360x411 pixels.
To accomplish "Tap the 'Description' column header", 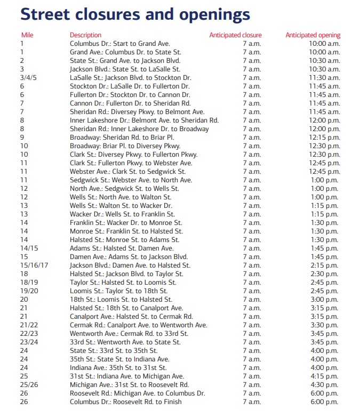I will pos(85,35).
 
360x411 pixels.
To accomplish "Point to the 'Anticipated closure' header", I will pos(235,35).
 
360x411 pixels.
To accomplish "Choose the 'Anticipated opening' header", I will pos(313,35).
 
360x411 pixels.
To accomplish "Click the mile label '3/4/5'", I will pos(30,78).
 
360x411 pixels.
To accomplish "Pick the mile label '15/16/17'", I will pos(34,265).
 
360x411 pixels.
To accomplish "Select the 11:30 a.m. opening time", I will pos(324,78).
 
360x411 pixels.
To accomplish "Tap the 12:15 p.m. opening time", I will pos(324,138).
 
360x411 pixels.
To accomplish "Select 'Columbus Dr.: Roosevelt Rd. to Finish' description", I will pos(125,402).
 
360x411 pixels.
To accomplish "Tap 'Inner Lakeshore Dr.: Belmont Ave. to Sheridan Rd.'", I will pos(144,120).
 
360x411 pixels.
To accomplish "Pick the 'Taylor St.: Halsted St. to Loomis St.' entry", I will pos(123,283).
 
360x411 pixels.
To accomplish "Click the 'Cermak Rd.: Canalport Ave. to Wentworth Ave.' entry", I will pos(138,325).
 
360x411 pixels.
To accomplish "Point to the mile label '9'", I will pos(22,138).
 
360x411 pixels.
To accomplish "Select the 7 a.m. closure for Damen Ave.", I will pos(251,257).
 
